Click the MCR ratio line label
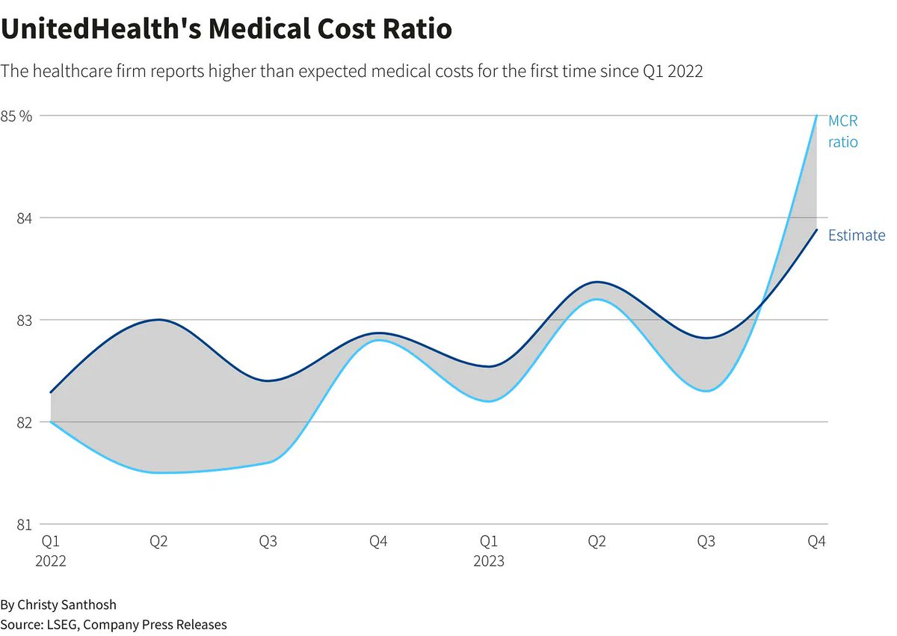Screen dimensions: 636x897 point(843,132)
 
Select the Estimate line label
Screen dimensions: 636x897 point(856,235)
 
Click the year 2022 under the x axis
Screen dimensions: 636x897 point(51,561)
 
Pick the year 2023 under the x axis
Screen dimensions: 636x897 point(489,561)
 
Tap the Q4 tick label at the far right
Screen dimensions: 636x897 point(816,541)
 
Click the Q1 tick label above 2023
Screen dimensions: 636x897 point(489,541)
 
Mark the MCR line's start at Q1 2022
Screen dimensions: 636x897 point(51,422)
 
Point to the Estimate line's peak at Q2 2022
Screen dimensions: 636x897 point(158,320)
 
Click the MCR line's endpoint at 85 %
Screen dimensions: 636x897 point(816,116)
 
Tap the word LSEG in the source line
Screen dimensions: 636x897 point(64,624)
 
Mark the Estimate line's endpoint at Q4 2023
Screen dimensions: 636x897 point(816,229)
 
